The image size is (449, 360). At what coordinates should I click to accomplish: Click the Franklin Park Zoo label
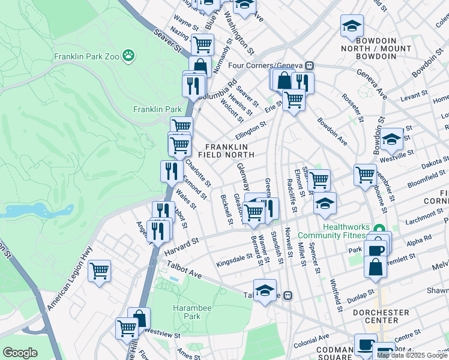tap(86, 56)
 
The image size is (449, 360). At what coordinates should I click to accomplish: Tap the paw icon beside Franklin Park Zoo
tap(128, 56)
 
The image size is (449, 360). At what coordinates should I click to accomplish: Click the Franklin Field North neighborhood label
tap(230, 151)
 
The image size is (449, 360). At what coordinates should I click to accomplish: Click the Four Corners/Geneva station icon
tap(310, 65)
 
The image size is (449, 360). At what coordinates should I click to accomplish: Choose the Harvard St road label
tap(182, 246)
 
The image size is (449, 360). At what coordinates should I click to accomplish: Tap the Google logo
tap(20, 353)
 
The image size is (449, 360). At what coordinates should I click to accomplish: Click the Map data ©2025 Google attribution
tap(412, 355)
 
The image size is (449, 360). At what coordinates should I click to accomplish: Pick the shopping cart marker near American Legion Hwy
tap(99, 270)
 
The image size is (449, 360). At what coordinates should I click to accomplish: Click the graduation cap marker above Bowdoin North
tap(352, 25)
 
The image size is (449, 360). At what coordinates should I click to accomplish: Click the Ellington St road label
tap(251, 128)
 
